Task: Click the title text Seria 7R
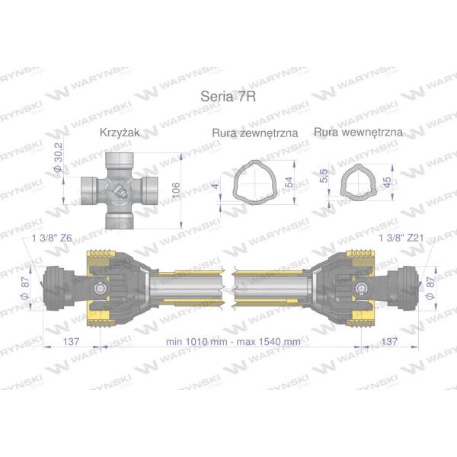pyautogui.click(x=228, y=97)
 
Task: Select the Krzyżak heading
pyautogui.click(x=120, y=133)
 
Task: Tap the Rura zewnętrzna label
pyautogui.click(x=255, y=133)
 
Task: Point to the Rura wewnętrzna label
pyautogui.click(x=358, y=133)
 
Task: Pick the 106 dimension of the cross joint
pyautogui.click(x=177, y=190)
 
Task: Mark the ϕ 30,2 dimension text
pyautogui.click(x=59, y=157)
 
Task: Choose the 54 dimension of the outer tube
pyautogui.click(x=289, y=182)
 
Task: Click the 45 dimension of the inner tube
pyautogui.click(x=387, y=183)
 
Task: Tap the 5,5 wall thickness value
pyautogui.click(x=324, y=176)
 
